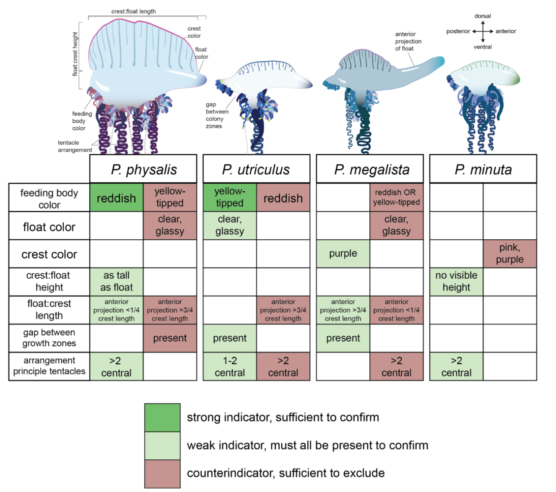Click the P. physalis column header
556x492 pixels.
coord(143,169)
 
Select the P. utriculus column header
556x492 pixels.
coord(256,169)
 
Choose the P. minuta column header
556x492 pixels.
coord(483,169)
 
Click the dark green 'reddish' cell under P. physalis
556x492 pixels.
coord(117,198)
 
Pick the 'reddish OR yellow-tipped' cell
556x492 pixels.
coord(396,197)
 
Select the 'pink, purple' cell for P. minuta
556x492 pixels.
coord(509,254)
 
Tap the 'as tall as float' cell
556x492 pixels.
coord(117,282)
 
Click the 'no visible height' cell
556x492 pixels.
coord(456,282)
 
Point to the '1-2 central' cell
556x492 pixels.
coord(230,367)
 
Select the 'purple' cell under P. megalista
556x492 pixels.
coord(343,254)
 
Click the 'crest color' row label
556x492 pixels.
coord(49,254)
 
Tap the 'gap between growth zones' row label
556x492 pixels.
coord(49,338)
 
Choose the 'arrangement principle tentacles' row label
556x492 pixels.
coord(49,366)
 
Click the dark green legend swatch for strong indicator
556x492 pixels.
coord(162,417)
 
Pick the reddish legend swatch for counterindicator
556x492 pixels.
coord(162,474)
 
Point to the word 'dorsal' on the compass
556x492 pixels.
coord(483,16)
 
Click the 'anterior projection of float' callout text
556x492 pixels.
coord(408,41)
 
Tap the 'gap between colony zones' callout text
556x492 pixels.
coord(217,115)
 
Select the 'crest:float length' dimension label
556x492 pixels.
coord(133,11)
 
